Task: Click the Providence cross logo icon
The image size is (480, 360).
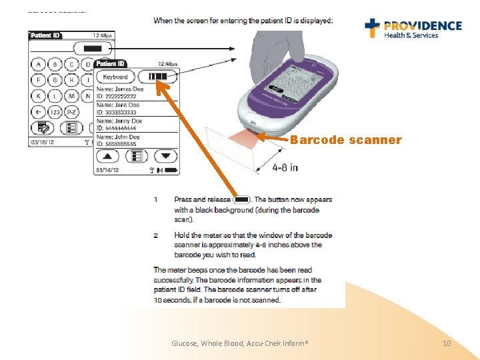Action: point(373,27)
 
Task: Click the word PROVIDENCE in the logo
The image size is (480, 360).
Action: point(423,25)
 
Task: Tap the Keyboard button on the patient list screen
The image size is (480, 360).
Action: point(115,77)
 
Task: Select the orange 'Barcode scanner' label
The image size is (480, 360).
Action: point(345,140)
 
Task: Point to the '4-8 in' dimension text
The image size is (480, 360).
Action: point(285,167)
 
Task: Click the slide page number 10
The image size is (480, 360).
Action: point(447,343)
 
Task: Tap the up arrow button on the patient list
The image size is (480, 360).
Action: point(109,156)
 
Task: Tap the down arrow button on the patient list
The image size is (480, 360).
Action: point(166,156)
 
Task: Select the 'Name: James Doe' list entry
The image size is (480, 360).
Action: point(121,89)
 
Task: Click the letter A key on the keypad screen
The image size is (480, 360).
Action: point(39,65)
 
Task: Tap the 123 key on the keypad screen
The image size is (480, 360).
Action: point(55,112)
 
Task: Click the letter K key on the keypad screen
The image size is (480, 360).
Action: point(39,96)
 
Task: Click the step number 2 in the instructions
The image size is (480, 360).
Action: point(156,235)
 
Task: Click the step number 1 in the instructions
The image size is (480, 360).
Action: point(156,199)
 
